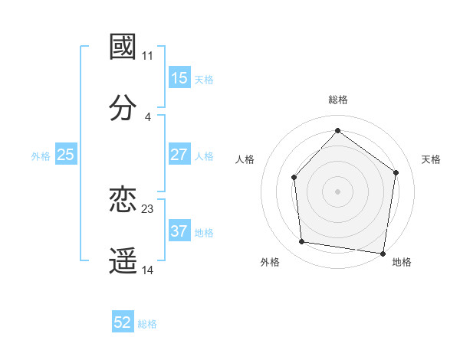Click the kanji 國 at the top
pyautogui.click(x=123, y=47)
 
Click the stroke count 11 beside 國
pyautogui.click(x=148, y=55)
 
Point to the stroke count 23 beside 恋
pyautogui.click(x=148, y=208)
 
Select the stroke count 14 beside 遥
pyautogui.click(x=148, y=270)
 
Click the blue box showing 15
pyautogui.click(x=179, y=78)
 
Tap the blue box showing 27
pyautogui.click(x=179, y=155)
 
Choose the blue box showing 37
pyautogui.click(x=179, y=231)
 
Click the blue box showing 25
pyautogui.click(x=66, y=155)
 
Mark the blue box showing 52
pyautogui.click(x=123, y=323)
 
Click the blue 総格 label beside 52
pyautogui.click(x=147, y=324)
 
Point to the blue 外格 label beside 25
pyautogui.click(x=41, y=155)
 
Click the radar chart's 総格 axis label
pyautogui.click(x=338, y=100)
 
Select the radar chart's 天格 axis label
pyautogui.click(x=432, y=159)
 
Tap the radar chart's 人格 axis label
pyautogui.click(x=245, y=159)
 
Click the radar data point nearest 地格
pyautogui.click(x=383, y=253)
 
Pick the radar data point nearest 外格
pyautogui.click(x=302, y=242)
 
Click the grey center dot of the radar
pyautogui.click(x=337, y=191)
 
